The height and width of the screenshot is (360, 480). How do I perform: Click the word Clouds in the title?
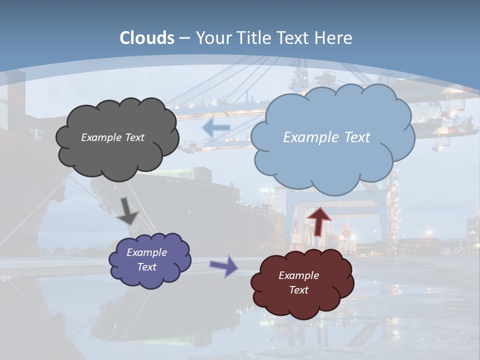point(147,38)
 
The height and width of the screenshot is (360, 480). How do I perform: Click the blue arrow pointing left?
point(216,128)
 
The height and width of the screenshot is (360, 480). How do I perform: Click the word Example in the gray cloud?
point(101,137)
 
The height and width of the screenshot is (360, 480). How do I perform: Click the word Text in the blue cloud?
point(353,137)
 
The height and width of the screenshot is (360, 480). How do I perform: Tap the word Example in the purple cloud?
point(146,252)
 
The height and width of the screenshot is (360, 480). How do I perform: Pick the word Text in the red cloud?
point(299,290)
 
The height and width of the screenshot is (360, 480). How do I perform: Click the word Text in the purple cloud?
point(147,267)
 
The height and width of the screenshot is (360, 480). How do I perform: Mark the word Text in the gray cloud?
point(134,137)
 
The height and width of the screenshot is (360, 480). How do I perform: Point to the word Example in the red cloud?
point(298,275)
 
